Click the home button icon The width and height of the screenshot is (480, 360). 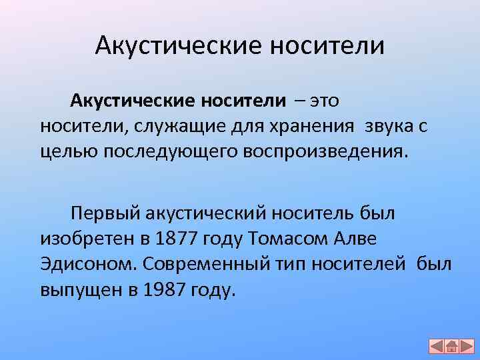451,347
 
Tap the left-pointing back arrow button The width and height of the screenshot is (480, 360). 436,347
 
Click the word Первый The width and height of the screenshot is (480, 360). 102,213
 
